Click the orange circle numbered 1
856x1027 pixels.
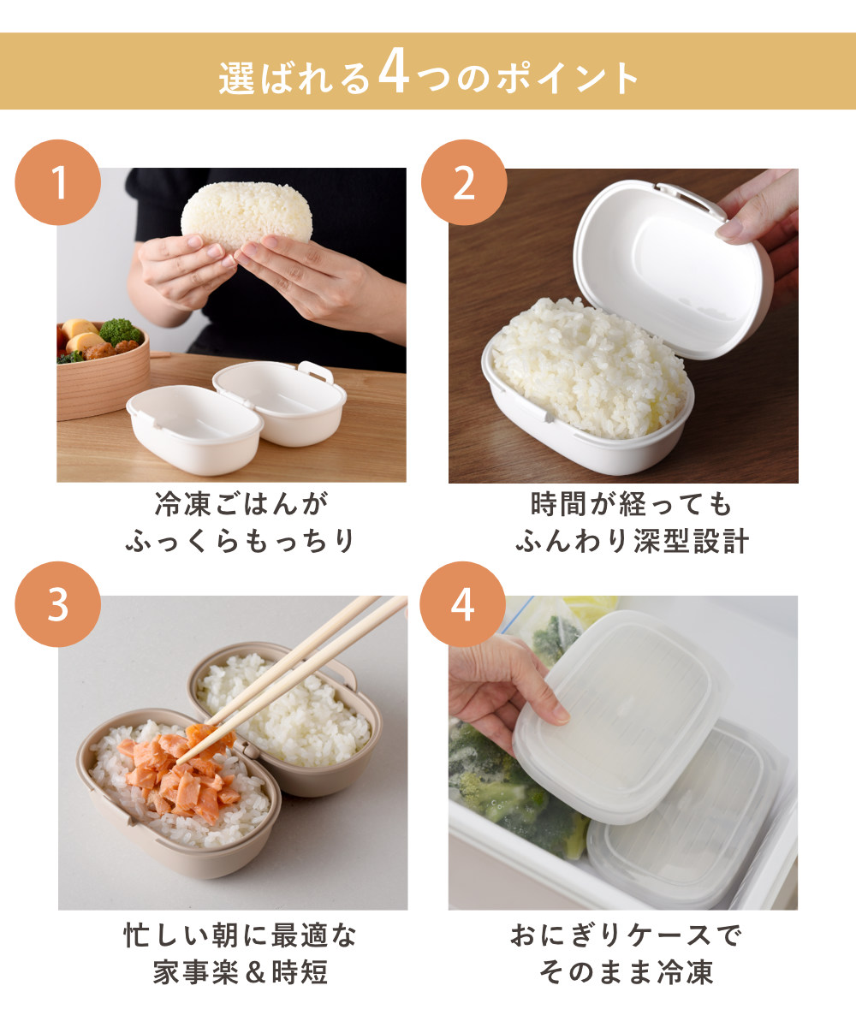[58, 182]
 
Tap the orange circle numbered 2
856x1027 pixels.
[464, 182]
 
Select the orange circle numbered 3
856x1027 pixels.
[58, 604]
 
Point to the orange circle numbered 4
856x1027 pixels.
[462, 604]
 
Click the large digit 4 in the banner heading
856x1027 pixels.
[394, 72]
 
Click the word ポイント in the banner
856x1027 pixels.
[568, 78]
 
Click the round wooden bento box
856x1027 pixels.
[102, 371]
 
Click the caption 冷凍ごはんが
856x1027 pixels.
[241, 504]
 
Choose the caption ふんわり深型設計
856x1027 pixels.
[633, 541]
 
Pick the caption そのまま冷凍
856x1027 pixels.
[627, 972]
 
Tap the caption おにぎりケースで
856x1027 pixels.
[626, 935]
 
